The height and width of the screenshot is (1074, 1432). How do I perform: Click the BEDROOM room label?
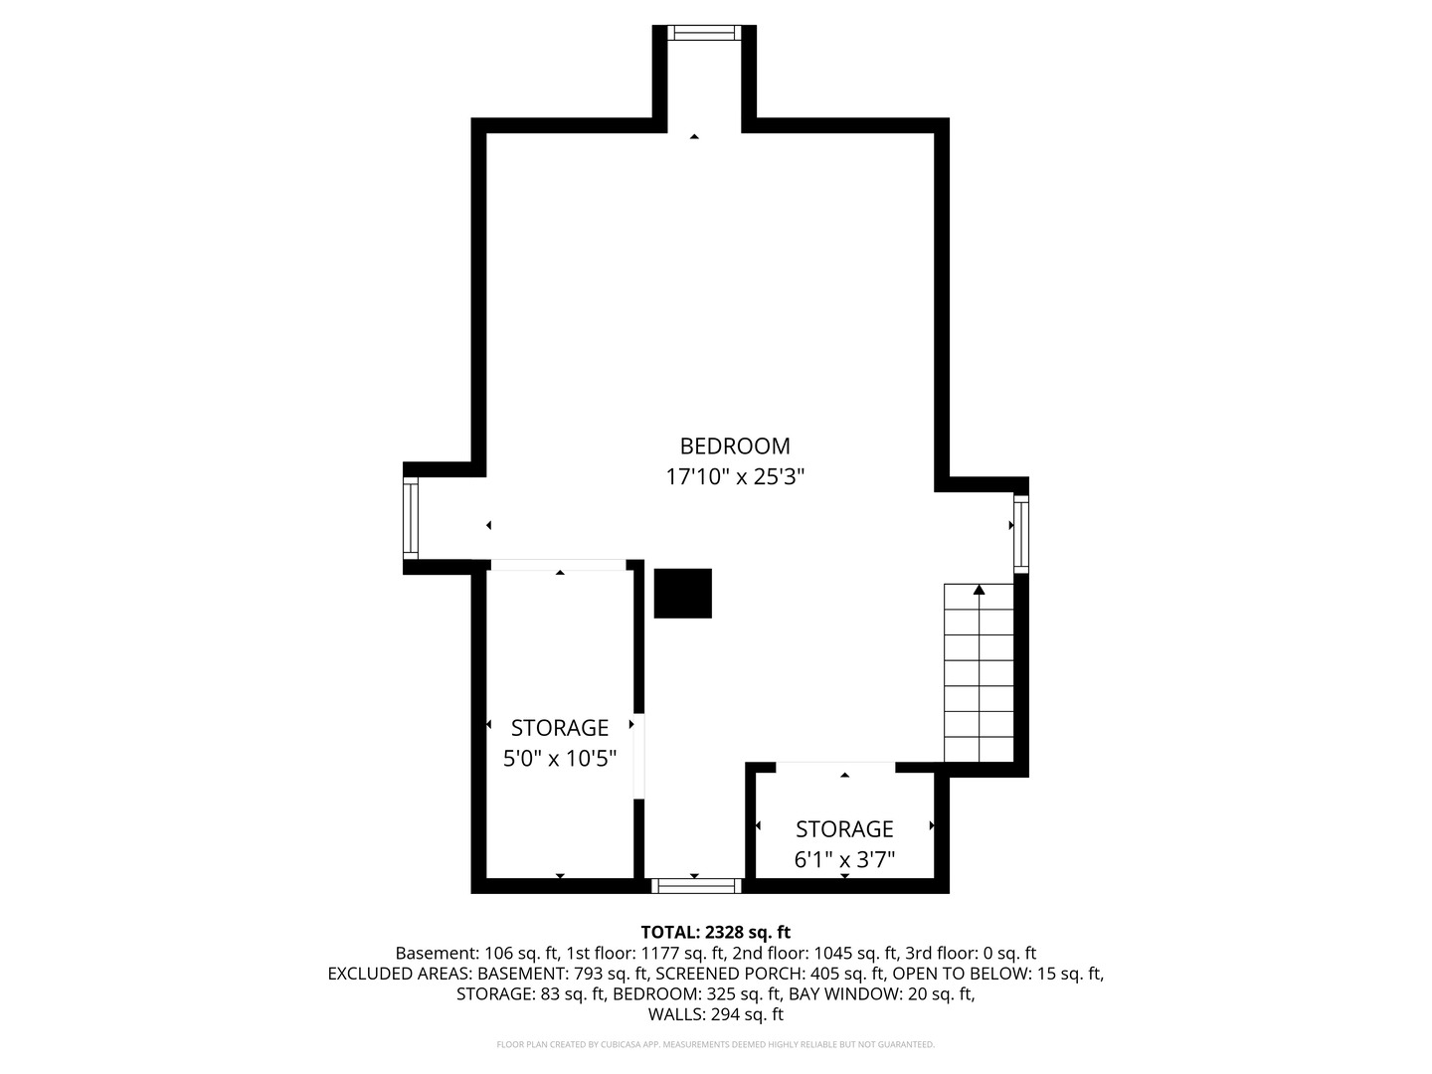point(735,447)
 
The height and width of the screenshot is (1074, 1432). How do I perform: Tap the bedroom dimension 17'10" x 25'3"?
point(735,476)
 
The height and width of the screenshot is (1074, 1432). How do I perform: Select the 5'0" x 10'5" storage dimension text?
point(559,758)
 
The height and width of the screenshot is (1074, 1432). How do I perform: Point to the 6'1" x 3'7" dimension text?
point(844,859)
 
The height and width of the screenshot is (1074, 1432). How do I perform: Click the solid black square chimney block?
point(682,593)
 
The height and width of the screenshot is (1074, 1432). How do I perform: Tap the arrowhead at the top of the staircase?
point(979,590)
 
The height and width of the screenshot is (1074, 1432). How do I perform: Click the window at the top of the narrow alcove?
point(704,33)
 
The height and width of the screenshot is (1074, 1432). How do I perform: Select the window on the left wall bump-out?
point(411,518)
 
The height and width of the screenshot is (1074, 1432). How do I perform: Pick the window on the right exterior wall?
point(1021,533)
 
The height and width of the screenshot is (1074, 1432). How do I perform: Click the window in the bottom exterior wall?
point(697,885)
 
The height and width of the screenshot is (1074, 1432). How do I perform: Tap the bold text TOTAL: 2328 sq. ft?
point(716,932)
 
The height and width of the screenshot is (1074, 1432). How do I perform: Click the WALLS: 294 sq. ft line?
point(716,1014)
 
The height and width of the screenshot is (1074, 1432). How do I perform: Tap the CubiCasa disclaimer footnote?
point(716,1044)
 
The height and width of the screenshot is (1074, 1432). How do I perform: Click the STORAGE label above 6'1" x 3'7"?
point(844,828)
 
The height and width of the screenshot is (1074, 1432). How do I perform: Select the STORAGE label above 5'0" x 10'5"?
point(559,727)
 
